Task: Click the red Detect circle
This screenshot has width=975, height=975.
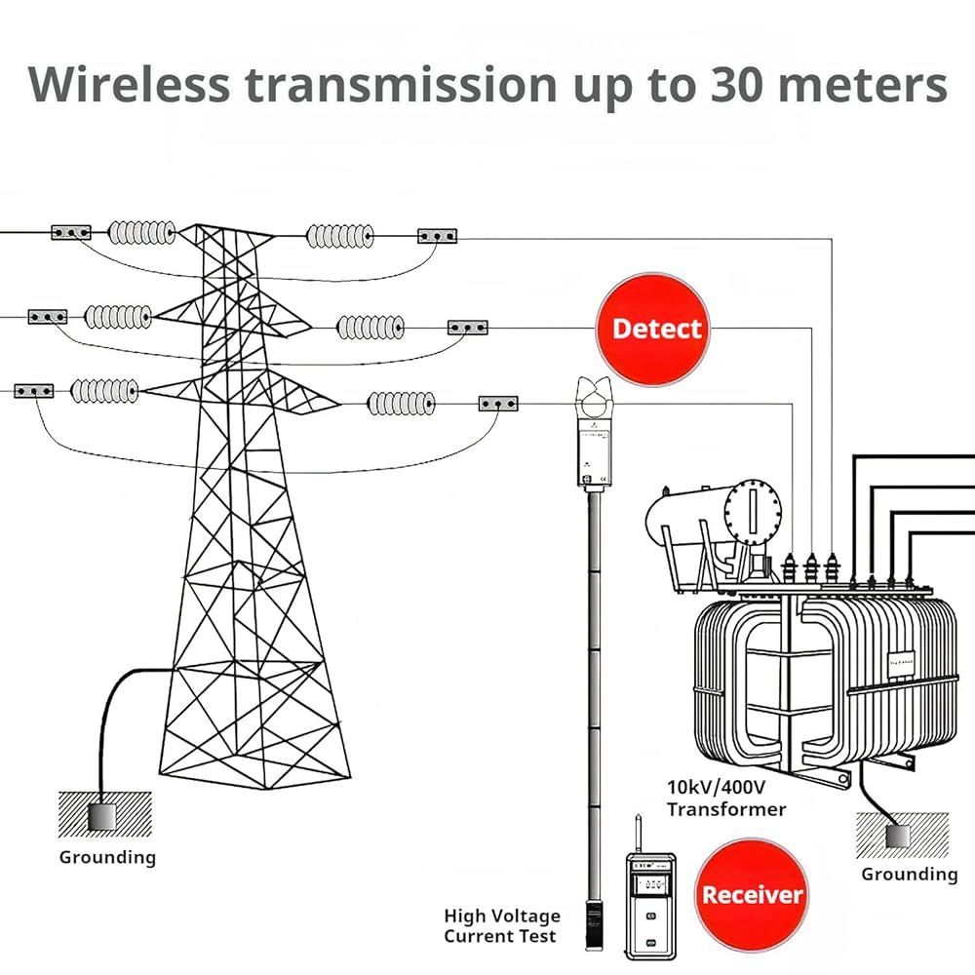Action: [654, 329]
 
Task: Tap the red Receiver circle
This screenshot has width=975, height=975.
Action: [753, 894]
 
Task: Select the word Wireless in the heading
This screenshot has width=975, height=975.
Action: [130, 85]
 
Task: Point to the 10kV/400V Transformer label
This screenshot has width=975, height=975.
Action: [726, 798]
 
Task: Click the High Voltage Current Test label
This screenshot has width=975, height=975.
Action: [502, 925]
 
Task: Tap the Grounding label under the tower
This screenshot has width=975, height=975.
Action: [107, 858]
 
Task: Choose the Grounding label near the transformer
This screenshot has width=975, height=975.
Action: [909, 874]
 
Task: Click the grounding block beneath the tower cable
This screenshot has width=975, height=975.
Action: [101, 815]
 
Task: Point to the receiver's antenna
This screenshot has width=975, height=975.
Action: [636, 834]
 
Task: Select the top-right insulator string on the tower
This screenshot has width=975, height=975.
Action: [339, 235]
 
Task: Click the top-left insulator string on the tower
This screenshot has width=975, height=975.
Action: [141, 232]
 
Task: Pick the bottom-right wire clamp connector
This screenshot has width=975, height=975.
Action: [497, 403]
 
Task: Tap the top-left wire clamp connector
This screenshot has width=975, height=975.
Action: [71, 232]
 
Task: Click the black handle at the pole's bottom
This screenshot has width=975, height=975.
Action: [592, 922]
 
